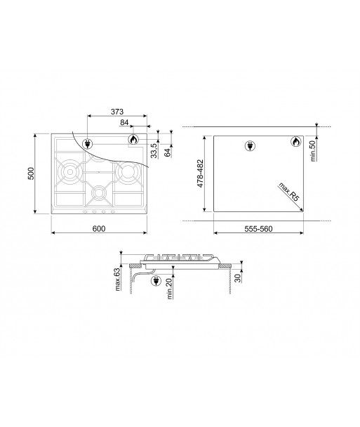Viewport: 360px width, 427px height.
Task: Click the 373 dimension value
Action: pos(118,111)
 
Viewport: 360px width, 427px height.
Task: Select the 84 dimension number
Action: pos(124,122)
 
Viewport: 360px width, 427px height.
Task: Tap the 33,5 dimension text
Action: pos(155,150)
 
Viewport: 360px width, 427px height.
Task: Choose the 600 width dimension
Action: pos(98,228)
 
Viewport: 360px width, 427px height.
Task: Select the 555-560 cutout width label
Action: pos(258,228)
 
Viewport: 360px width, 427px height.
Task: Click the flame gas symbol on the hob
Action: pos(133,141)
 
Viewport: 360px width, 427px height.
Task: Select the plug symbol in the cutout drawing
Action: pos(248,145)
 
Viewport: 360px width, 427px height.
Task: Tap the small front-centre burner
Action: pos(100,191)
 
